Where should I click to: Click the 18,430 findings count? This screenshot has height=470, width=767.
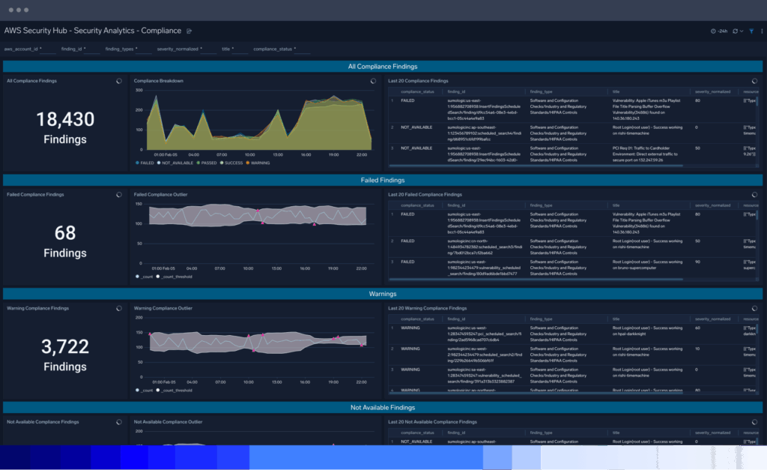point(65,119)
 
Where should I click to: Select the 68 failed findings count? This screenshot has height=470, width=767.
point(65,233)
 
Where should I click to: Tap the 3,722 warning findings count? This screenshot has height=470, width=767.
point(65,346)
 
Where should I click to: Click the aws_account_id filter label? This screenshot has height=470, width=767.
point(20,49)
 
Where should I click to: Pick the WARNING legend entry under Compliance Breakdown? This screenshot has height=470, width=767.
point(258,163)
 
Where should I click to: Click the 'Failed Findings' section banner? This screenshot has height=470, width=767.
point(383,180)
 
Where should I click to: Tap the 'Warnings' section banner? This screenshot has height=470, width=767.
point(383,294)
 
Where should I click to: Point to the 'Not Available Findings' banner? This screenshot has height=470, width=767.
point(383,407)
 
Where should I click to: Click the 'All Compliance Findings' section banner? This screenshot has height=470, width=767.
point(383,66)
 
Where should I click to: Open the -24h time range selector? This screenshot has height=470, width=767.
point(720,31)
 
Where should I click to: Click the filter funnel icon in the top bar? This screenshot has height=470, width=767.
point(751,31)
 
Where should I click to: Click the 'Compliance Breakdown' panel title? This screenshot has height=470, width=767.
point(158,80)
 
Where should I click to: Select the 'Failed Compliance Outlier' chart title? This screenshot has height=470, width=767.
point(160,194)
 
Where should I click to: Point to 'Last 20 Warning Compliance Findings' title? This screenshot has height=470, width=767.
point(428,308)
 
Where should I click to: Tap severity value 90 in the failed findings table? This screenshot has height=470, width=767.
point(698,262)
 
